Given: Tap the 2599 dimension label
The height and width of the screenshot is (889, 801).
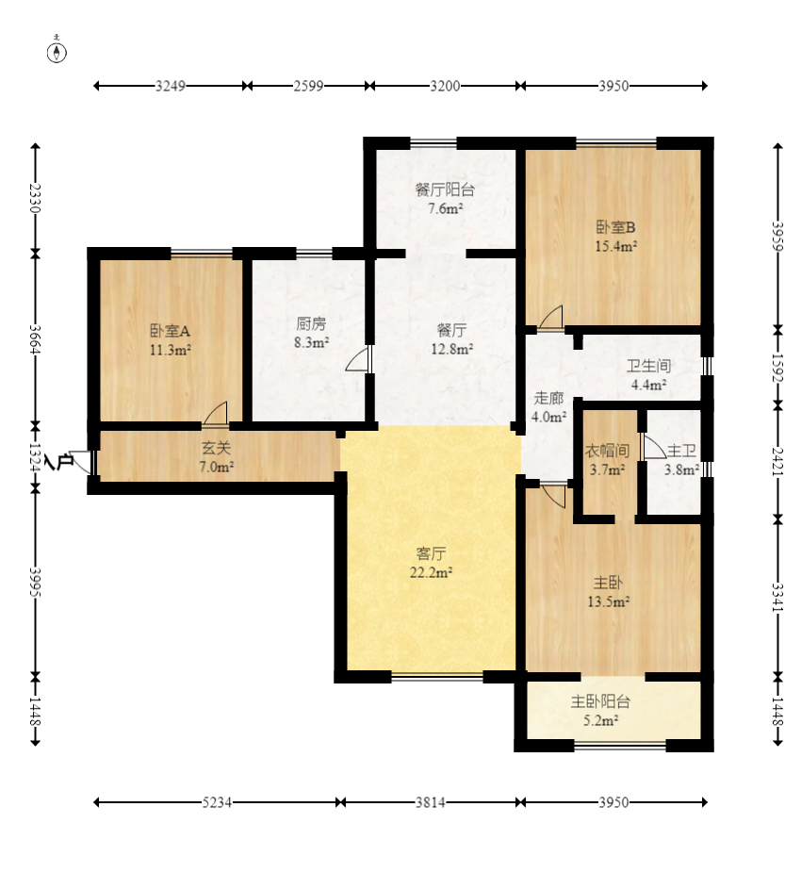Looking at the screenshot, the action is tap(308, 86).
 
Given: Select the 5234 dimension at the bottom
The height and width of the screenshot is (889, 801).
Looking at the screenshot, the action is tap(217, 802).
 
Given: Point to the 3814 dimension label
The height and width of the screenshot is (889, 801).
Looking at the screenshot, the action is tap(431, 802).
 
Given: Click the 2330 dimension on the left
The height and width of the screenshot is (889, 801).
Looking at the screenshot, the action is tap(35, 198).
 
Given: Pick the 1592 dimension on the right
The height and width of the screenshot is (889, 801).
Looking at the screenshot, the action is tap(777, 369).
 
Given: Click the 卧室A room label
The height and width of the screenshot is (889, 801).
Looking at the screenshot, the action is tap(170, 331).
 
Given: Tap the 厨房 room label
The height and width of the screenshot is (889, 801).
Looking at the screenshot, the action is tap(311, 323).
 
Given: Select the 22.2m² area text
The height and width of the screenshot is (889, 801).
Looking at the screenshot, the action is tap(431, 572).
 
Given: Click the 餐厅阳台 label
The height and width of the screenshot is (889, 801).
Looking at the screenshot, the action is tap(445, 189).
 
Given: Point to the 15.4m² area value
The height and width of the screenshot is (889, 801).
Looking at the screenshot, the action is tap(615, 247).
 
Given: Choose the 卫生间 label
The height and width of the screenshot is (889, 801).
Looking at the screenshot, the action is tap(648, 366).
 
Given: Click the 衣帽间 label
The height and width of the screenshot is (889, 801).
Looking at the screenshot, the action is tap(607, 452).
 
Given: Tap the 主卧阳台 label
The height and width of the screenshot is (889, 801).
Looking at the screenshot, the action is tap(600, 702).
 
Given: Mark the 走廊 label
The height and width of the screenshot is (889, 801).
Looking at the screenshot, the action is tap(548, 399).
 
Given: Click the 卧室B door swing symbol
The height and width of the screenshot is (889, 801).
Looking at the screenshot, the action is tap(551, 317).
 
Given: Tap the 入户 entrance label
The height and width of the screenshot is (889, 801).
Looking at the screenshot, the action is tap(59, 462).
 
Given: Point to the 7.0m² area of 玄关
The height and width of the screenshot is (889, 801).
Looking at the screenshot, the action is tap(217, 468).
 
